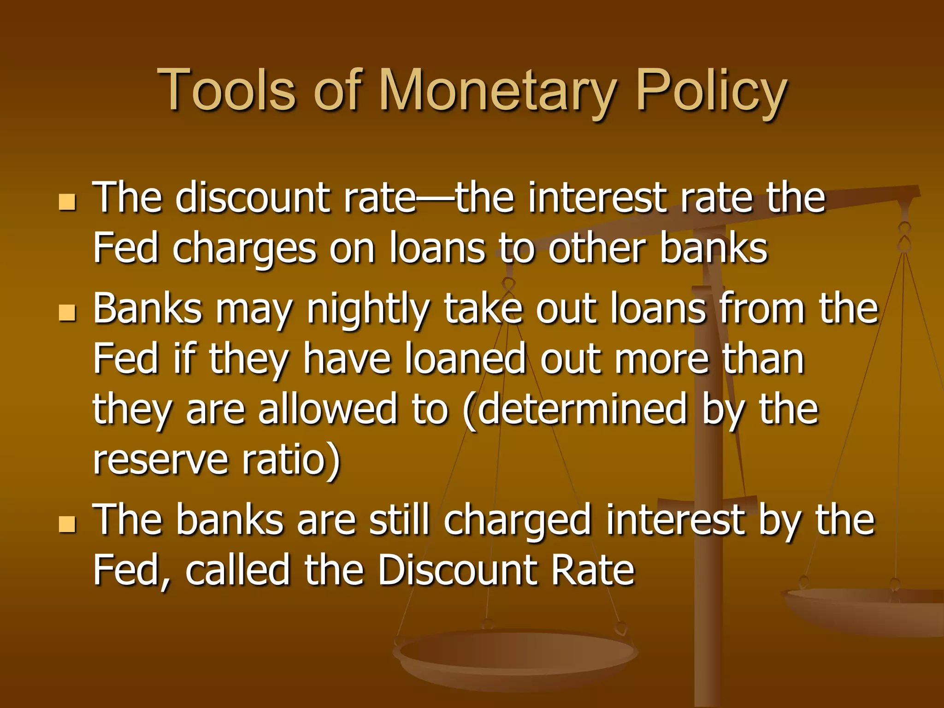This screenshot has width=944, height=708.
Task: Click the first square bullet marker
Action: click(67, 202)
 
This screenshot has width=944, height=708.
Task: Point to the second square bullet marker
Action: click(67, 313)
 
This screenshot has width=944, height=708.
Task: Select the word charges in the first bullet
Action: click(244, 249)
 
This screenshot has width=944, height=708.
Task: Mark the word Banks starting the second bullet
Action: click(147, 309)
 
